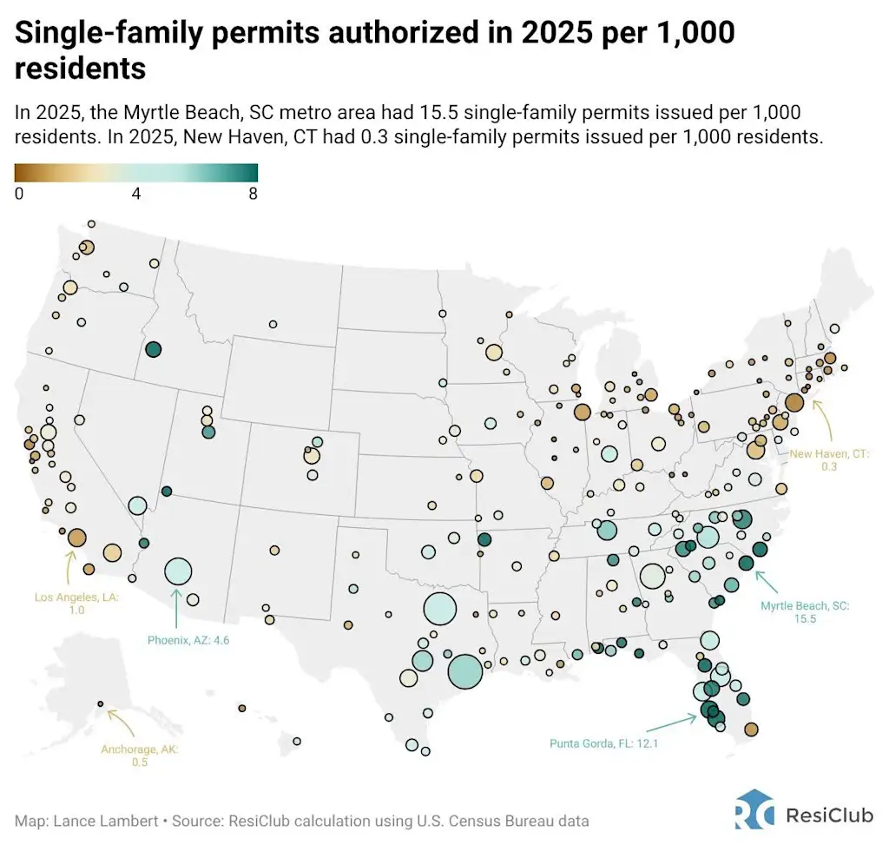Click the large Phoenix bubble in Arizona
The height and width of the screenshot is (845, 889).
(x=178, y=571)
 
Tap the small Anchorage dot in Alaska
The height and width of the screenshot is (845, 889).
(x=100, y=703)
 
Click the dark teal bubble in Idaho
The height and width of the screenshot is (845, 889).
(x=154, y=349)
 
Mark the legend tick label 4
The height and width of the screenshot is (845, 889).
(x=136, y=194)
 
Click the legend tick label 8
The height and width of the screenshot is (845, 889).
(x=253, y=194)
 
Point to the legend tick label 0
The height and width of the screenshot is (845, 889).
(x=19, y=194)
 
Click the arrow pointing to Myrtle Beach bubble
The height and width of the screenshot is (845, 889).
(x=771, y=579)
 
